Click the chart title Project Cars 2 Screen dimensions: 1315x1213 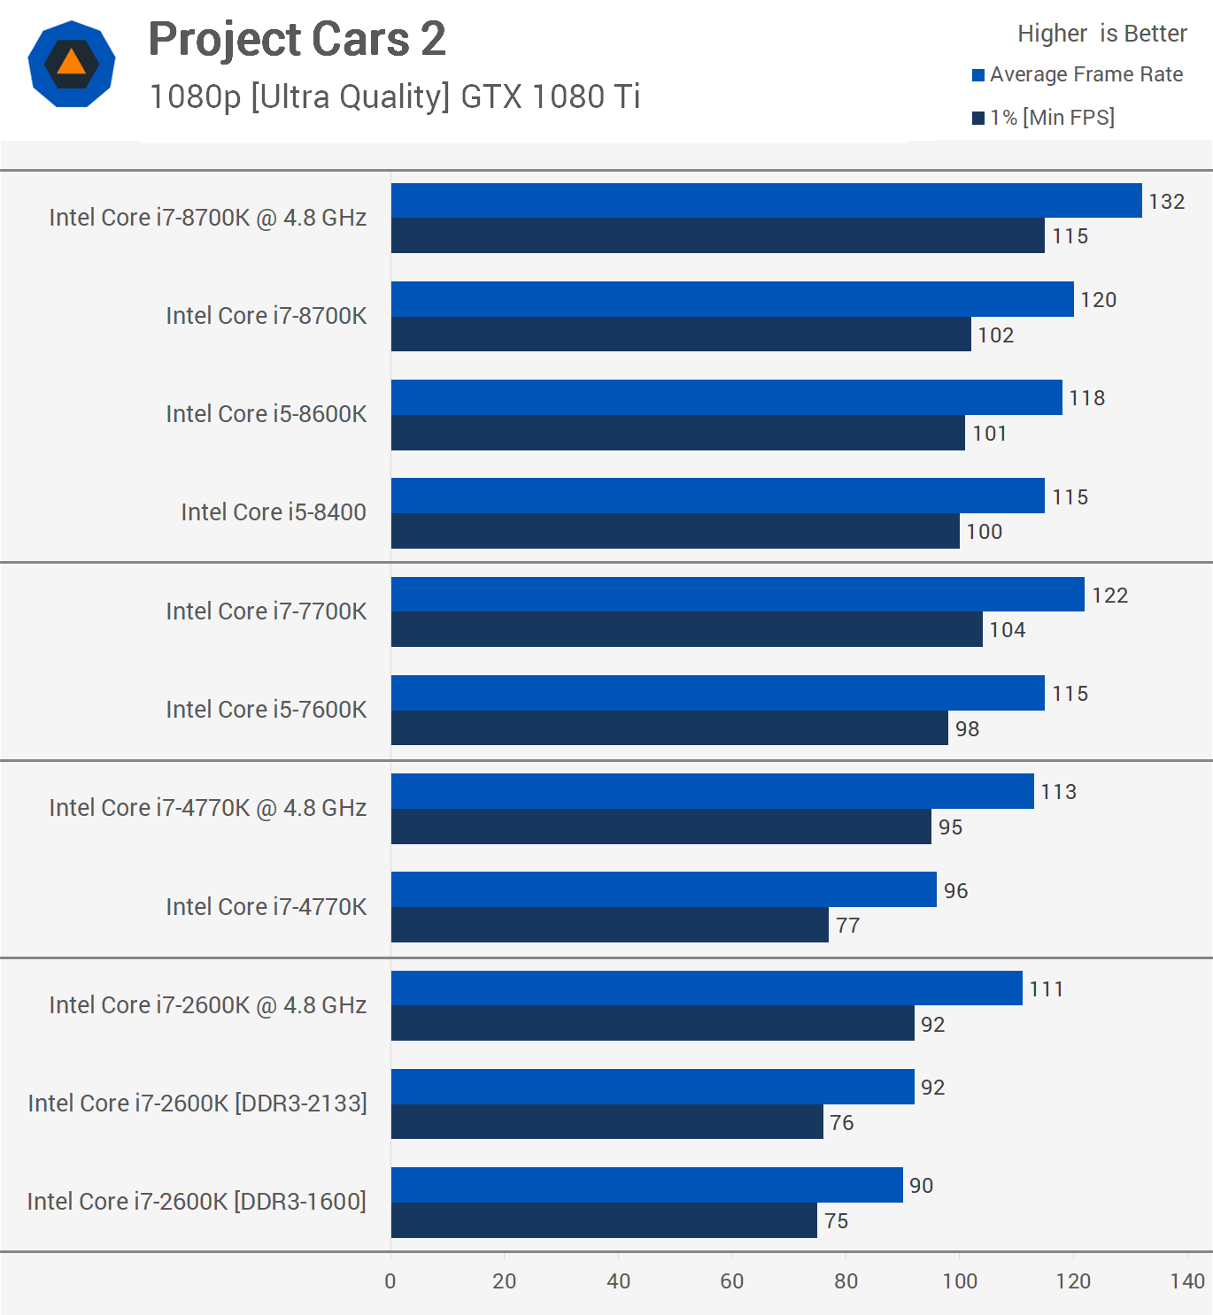(297, 40)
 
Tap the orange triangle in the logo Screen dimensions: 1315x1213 (71, 63)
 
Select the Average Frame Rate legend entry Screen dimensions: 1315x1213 (1086, 74)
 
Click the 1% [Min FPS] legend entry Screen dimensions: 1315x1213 (1051, 118)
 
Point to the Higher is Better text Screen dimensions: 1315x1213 (1101, 34)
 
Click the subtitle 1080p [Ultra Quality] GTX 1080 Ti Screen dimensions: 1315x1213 (394, 96)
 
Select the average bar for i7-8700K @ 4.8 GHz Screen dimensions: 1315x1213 (766, 200)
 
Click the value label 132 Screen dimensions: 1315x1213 (1166, 202)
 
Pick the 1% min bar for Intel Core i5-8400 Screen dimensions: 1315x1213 (675, 531)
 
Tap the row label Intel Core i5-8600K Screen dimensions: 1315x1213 (266, 414)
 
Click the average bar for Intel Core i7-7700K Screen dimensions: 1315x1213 (738, 594)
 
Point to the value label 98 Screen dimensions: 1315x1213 (967, 729)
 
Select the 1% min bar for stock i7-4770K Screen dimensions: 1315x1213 (609, 925)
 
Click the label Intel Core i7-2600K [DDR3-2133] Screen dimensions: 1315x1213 (197, 1104)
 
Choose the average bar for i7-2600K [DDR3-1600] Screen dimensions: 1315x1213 (646, 1185)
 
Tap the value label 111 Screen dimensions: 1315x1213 (1046, 989)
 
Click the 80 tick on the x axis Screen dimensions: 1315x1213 (846, 1281)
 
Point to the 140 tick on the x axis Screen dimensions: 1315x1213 (1186, 1281)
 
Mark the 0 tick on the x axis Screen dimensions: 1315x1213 (390, 1281)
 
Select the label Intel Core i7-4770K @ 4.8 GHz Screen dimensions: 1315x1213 (207, 808)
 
